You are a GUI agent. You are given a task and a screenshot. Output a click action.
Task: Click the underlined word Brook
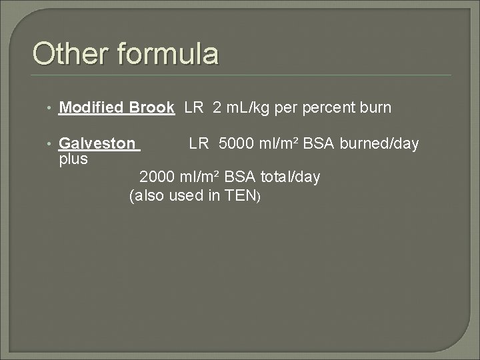coord(152,107)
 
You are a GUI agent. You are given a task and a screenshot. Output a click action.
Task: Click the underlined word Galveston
coord(97,143)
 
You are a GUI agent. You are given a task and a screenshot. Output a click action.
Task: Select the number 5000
coord(237,143)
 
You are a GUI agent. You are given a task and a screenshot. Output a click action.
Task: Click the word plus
coord(73,159)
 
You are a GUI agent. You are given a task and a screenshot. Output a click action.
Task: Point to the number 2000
coord(158,177)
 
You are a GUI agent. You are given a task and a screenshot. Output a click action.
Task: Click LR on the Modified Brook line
coord(193,107)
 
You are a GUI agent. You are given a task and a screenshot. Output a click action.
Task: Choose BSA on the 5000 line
coord(319,143)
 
